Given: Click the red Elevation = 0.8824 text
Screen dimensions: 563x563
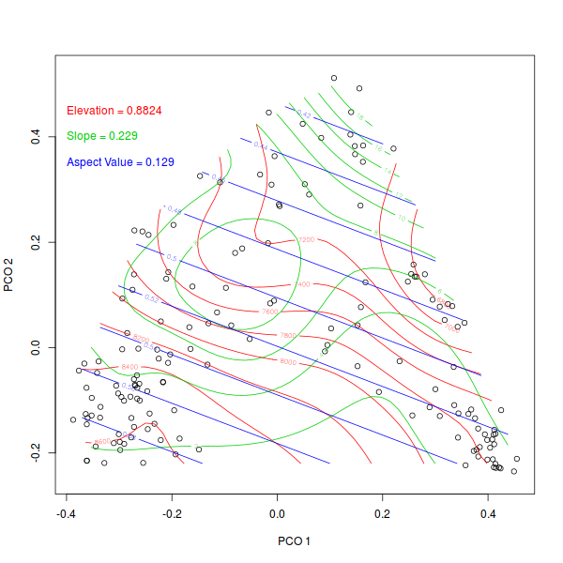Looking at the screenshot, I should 114,111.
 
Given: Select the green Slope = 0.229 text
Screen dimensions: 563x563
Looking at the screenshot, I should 102,136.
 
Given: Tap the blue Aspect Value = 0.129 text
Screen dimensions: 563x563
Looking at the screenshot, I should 120,162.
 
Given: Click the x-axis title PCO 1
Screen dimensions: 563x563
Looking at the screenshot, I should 294,541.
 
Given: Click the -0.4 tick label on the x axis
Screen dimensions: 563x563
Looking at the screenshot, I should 66,515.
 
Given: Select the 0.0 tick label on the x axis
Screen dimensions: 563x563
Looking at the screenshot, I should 278,515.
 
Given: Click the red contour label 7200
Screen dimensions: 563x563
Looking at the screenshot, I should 305,240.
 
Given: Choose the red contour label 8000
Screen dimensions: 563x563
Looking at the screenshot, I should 288,361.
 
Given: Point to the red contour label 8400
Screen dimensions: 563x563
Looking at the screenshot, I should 129,366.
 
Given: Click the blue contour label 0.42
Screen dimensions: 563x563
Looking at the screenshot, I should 304,114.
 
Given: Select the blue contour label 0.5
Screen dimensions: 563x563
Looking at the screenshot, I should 171,257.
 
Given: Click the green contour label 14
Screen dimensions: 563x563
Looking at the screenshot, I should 387,172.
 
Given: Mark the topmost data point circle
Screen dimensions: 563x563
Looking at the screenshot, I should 334,78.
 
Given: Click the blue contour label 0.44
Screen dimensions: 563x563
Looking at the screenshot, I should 261,147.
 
